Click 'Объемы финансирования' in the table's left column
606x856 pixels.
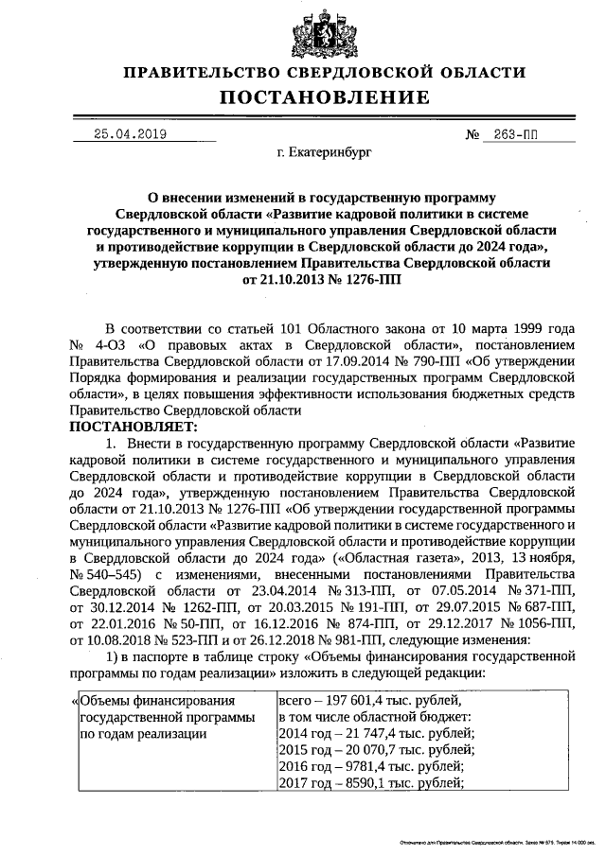pyautogui.click(x=157, y=702)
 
